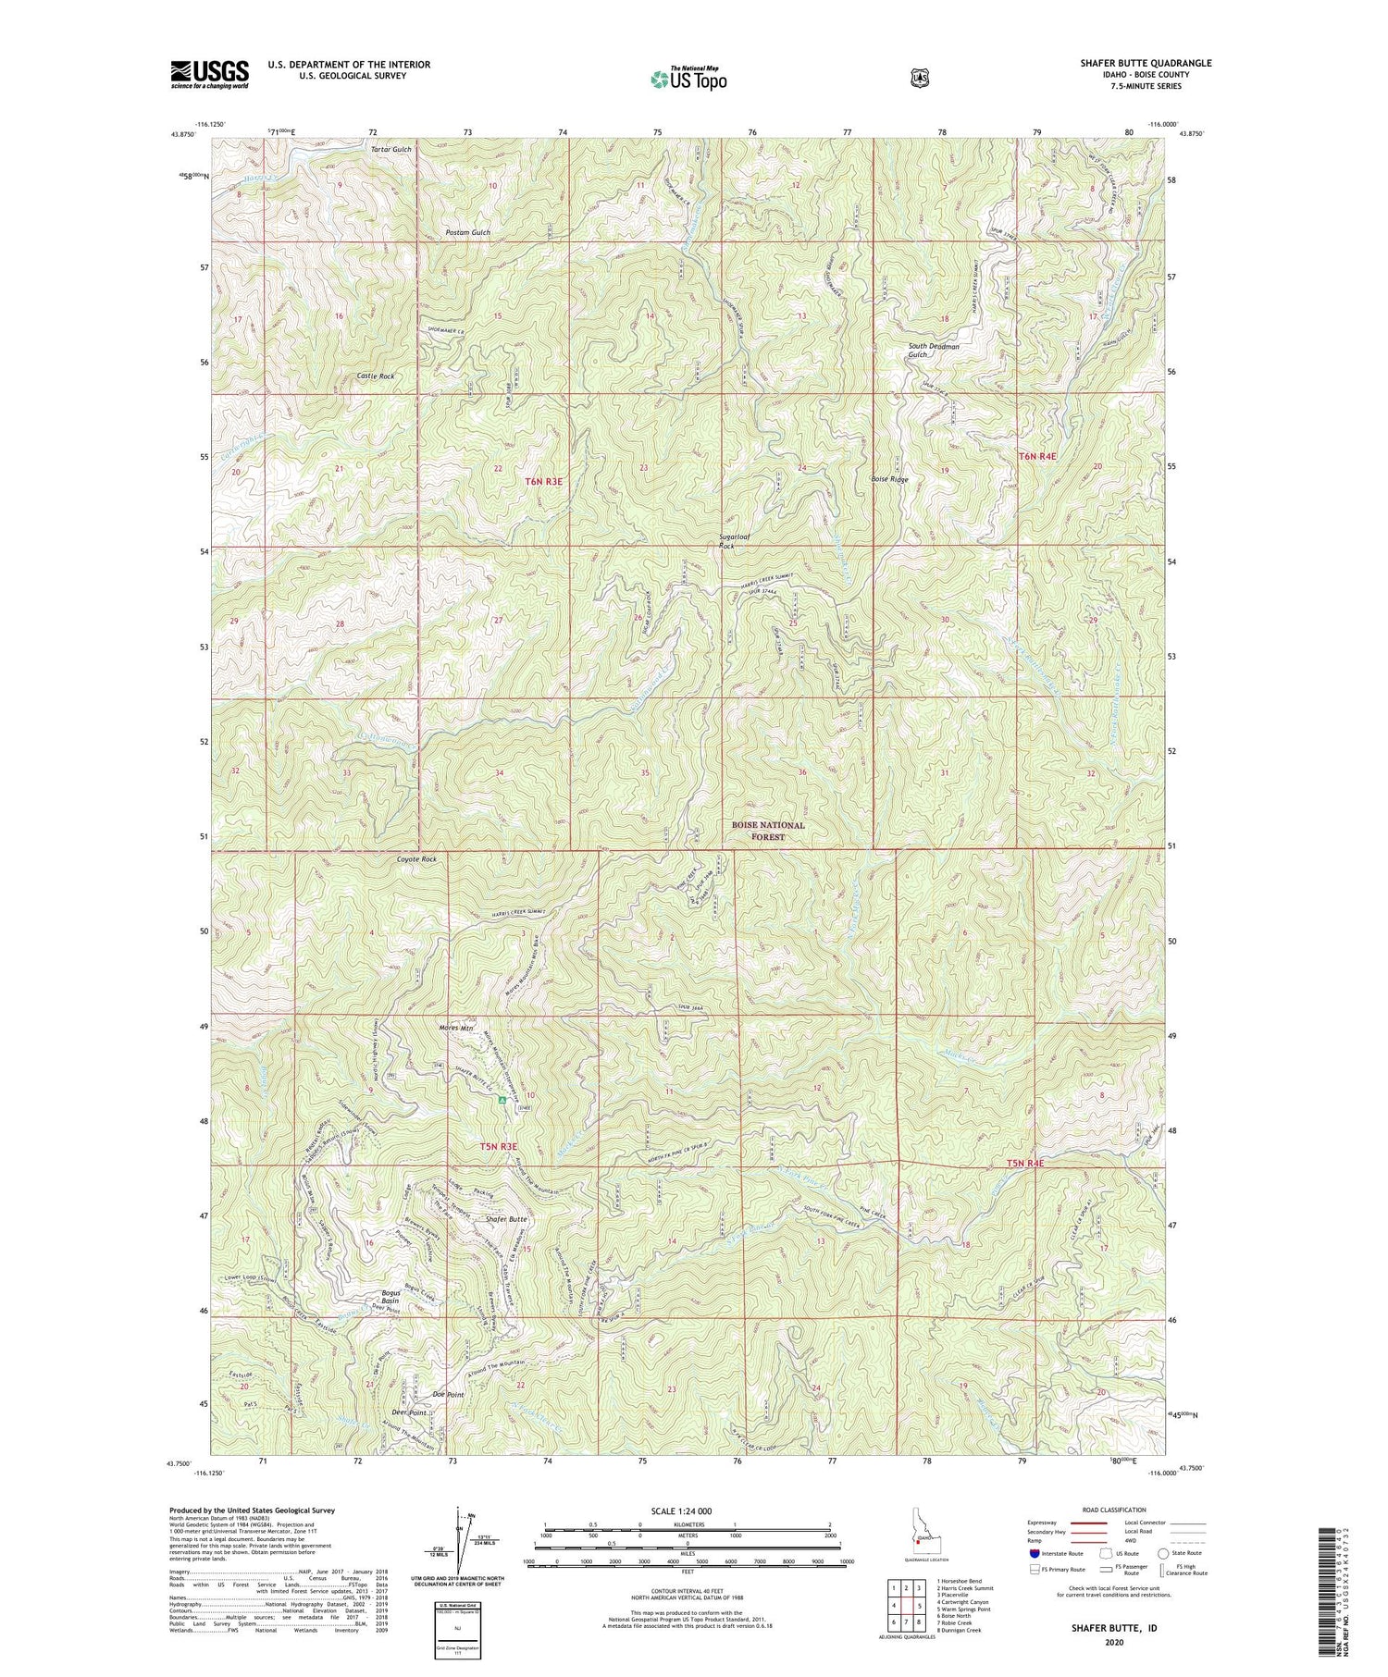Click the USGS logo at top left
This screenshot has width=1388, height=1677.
click(x=210, y=74)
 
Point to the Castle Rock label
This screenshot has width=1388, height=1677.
click(x=376, y=376)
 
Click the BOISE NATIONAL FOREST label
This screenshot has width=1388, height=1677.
click(x=768, y=831)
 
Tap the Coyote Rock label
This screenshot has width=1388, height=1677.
click(x=390, y=859)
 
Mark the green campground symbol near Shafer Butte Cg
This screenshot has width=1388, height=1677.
click(x=502, y=1100)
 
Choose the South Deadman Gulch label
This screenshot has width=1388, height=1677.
click(x=933, y=351)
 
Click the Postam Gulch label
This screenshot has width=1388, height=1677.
click(x=468, y=232)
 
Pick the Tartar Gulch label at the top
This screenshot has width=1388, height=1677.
click(x=390, y=149)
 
